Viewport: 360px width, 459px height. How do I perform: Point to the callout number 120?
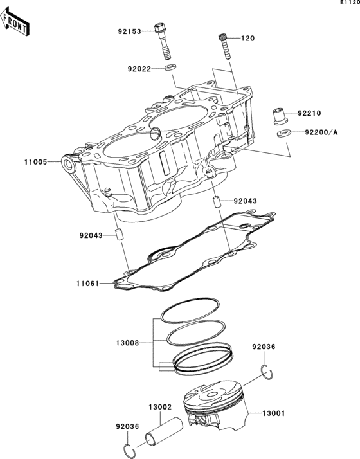248,39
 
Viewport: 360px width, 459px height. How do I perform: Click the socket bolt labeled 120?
225,45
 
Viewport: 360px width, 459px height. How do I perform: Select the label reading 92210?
309,114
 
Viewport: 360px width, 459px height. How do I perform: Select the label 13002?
159,407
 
